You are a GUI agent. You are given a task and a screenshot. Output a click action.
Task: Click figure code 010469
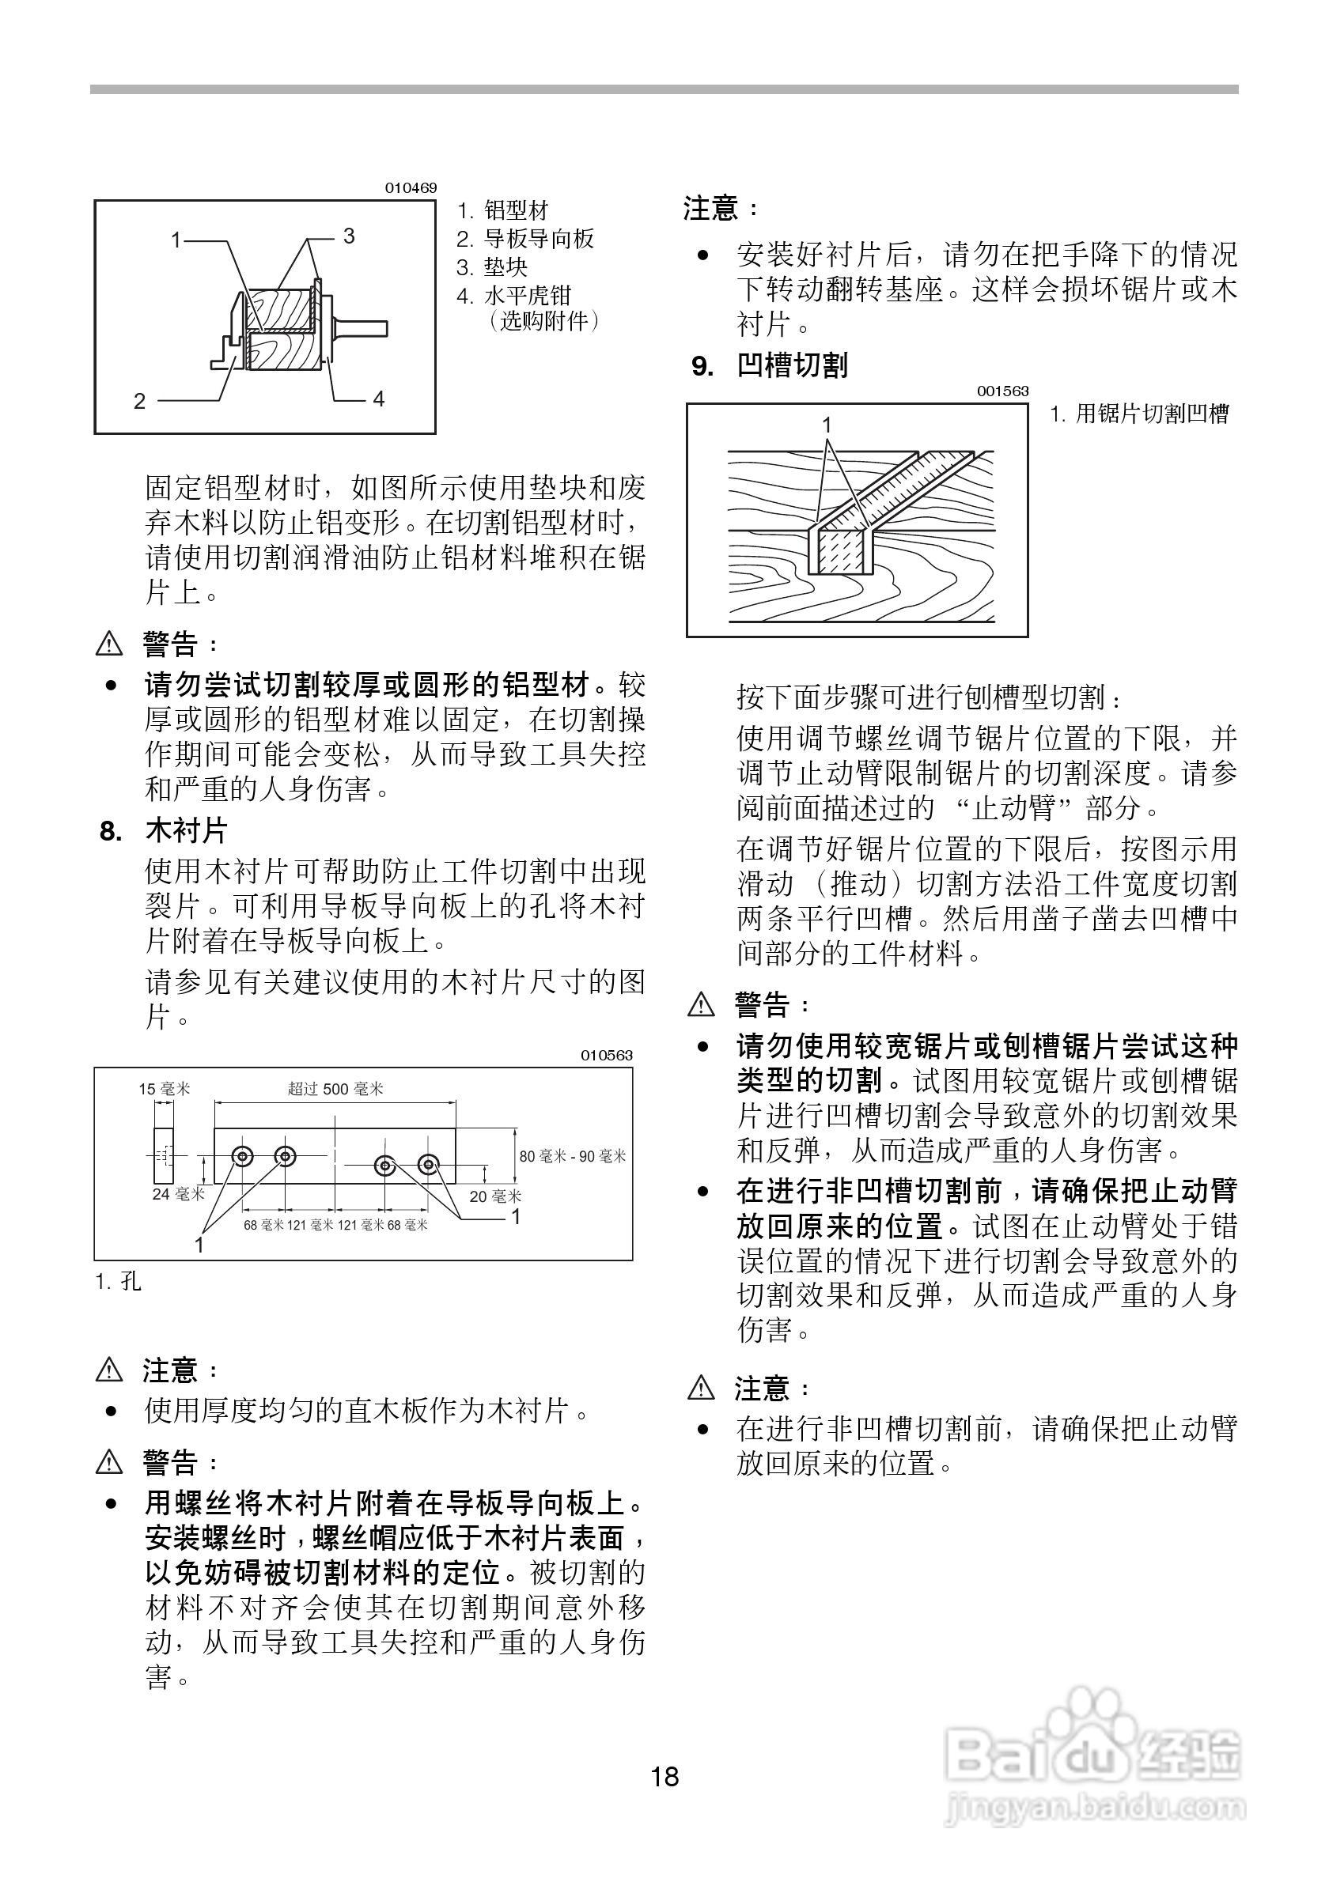(x=411, y=187)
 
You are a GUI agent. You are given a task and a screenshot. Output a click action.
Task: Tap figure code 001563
(x=1001, y=391)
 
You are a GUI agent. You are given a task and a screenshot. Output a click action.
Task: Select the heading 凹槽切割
(x=791, y=365)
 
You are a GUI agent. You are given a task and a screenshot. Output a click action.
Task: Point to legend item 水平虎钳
(x=526, y=295)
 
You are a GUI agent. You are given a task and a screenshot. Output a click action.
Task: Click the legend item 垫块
(x=505, y=267)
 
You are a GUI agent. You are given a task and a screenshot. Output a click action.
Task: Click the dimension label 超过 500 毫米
(x=335, y=1089)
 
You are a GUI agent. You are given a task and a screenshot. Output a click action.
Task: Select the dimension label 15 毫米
(x=164, y=1089)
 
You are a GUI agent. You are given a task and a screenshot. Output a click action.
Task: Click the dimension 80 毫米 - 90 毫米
(x=572, y=1157)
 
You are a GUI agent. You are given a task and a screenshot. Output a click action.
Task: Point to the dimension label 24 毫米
(x=178, y=1194)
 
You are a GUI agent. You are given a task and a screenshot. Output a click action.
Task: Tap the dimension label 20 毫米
(x=495, y=1196)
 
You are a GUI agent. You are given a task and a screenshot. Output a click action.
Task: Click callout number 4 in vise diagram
(x=379, y=399)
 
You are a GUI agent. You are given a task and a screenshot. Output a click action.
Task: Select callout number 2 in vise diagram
(x=139, y=401)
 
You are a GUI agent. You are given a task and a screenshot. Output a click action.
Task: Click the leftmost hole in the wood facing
(x=243, y=1157)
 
